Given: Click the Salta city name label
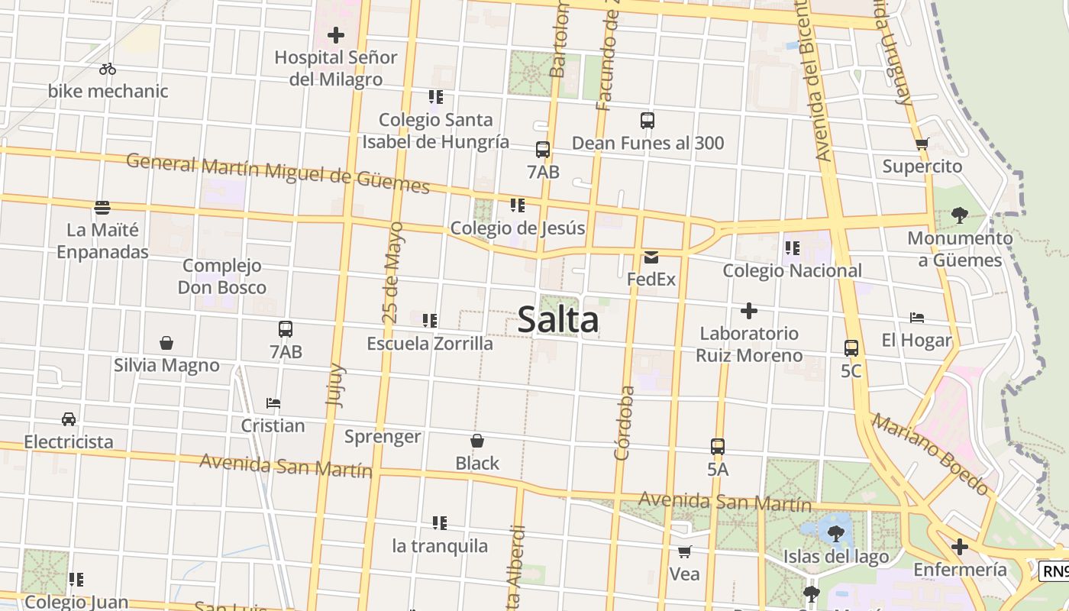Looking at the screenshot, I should [558, 319].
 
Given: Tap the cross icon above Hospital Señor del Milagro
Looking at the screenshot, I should [336, 35].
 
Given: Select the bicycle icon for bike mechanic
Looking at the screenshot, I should [108, 69].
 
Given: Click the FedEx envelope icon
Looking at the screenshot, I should [651, 257].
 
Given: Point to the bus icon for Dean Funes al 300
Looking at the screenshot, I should [648, 121].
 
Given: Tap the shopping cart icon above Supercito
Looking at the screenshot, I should [922, 144].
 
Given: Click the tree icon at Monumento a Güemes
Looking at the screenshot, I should [960, 215].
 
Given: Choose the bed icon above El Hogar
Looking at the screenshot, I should [917, 318].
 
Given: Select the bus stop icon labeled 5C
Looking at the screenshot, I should [851, 348].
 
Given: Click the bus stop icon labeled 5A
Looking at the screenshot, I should [718, 447].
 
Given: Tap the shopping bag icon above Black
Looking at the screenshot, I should [477, 441].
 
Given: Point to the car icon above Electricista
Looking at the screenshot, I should [69, 419].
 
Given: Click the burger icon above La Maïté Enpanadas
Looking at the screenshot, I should [102, 207].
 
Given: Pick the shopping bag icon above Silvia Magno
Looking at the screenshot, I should [166, 343].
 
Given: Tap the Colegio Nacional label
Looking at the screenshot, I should [792, 270].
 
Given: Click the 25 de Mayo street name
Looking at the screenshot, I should [392, 272].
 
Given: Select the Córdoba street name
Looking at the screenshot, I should [625, 422].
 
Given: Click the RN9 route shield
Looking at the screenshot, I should [1054, 571].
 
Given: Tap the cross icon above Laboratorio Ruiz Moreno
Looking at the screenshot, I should [749, 311].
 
